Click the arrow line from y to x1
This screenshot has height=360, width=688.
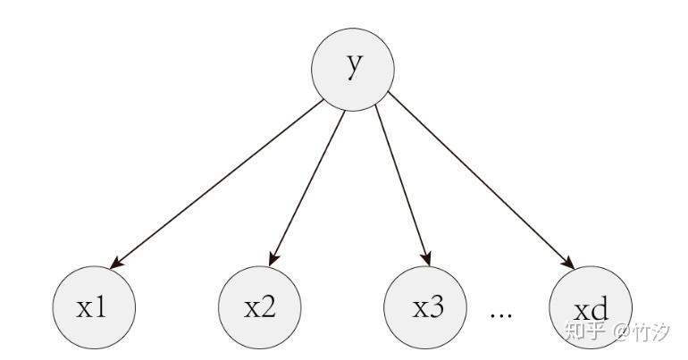(219, 183)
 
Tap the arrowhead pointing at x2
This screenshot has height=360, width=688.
(274, 259)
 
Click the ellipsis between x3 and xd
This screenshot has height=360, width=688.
(499, 315)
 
